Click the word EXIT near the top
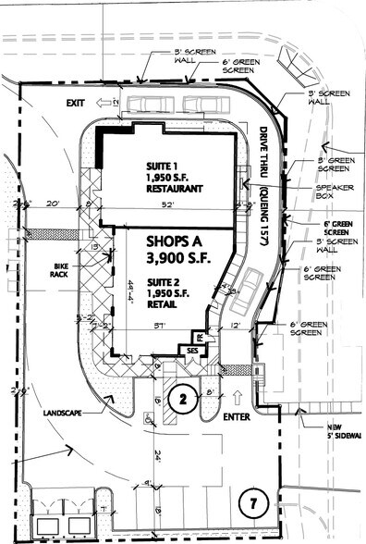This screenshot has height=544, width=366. point(75,104)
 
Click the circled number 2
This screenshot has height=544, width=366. point(183,400)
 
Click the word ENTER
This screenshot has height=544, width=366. point(236,416)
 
